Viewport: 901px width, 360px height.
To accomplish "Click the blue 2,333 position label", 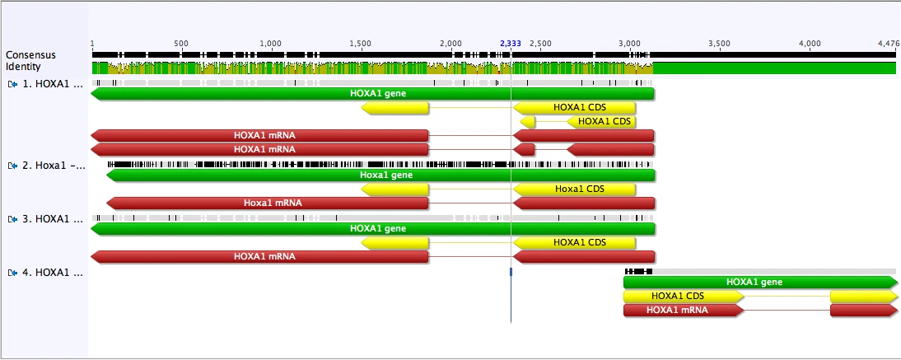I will point(511,42).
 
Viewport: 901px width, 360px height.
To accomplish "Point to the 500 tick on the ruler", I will point(181,42).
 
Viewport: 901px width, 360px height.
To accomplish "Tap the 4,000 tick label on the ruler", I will point(810,42).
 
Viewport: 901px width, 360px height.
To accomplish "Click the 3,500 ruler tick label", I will point(719,42).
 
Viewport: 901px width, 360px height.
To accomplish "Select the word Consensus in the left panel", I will point(25,55).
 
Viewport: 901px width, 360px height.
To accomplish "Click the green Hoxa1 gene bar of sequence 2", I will point(380,175).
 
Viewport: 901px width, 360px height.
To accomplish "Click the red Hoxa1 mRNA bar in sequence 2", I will point(268,203).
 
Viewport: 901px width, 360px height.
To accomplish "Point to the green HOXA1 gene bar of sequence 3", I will point(372,228).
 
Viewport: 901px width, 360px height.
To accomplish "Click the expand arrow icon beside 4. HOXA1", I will point(12,272).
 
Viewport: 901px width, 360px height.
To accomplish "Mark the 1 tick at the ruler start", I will point(93,42).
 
